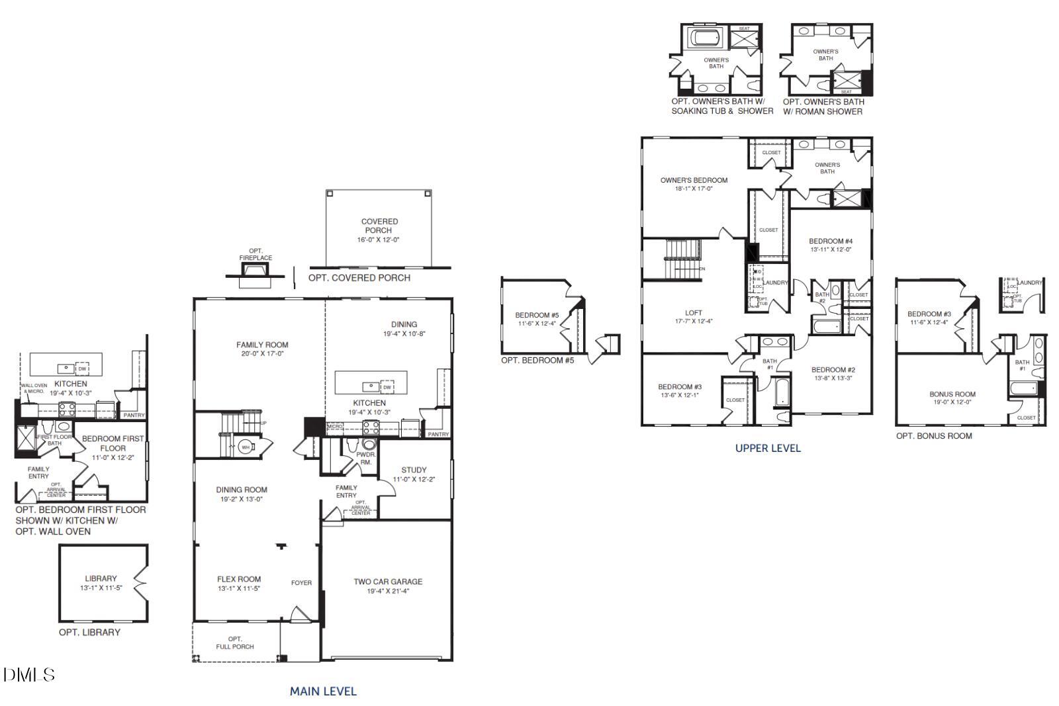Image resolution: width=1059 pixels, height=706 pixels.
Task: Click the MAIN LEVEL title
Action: point(323,691)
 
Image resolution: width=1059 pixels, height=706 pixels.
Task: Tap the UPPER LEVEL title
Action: point(768,448)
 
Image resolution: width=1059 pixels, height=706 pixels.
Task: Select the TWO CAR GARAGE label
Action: point(388,582)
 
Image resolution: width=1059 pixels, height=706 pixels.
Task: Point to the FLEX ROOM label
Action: point(239,579)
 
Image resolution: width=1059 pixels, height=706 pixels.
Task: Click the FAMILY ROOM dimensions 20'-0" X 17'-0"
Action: point(262,354)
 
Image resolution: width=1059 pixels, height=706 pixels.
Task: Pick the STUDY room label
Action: point(414,470)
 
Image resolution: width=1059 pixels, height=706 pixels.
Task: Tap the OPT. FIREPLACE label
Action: point(255,254)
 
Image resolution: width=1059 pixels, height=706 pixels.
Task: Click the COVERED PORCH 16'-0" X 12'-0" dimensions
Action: point(379,240)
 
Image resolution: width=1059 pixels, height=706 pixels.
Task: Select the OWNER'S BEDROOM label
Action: point(694,180)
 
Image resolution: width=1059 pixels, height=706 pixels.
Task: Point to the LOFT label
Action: point(694,313)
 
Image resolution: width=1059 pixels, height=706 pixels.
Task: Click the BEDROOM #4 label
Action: point(831,241)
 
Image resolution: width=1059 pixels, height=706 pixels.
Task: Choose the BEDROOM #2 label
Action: point(833,370)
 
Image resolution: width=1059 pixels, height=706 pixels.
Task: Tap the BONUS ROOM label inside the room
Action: point(952,394)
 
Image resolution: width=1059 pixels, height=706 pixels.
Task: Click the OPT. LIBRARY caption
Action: point(90,633)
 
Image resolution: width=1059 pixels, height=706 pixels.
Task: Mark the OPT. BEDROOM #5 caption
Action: point(537,361)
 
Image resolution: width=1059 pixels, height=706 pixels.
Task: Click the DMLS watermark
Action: point(28,675)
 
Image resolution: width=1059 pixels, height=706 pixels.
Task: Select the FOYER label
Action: point(301,583)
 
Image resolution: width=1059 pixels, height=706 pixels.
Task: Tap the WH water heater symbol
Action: point(246,447)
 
